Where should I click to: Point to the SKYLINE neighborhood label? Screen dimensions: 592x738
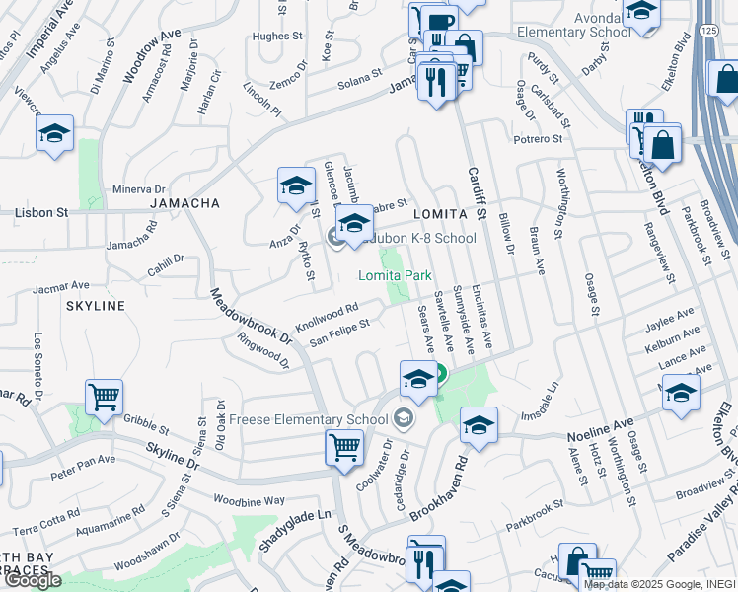point(96,306)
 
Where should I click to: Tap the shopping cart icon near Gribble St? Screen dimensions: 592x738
point(104,397)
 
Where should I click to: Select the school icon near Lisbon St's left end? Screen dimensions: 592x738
point(55,133)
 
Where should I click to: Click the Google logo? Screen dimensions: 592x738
point(33,580)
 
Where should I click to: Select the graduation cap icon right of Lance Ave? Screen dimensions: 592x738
point(681,392)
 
